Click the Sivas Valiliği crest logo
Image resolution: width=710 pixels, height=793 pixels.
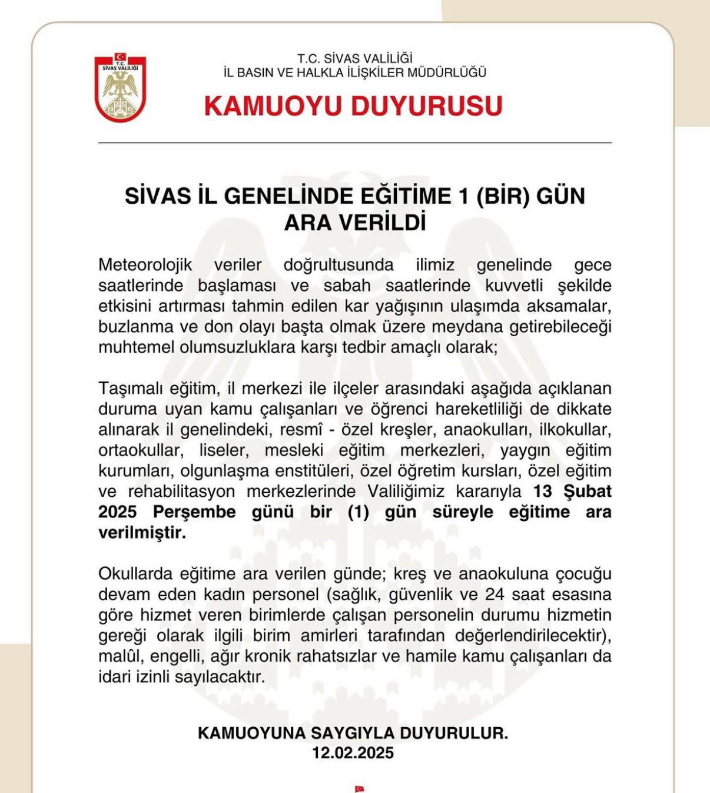(x=120, y=88)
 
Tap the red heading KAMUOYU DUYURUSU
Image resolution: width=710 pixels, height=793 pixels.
(x=353, y=107)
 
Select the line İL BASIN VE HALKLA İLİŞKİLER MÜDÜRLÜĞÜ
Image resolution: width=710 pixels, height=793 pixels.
(x=354, y=73)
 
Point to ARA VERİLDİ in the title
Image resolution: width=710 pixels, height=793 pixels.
(x=354, y=223)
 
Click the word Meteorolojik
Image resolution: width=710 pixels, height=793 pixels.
(x=145, y=265)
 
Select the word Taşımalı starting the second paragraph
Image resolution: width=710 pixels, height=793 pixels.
(x=130, y=389)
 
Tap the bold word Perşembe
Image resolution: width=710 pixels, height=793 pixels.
(x=194, y=512)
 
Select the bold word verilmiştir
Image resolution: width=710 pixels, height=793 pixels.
(x=142, y=533)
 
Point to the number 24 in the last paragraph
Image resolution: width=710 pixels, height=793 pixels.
(x=495, y=595)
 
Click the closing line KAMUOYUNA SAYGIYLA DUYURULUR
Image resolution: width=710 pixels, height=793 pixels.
(x=353, y=733)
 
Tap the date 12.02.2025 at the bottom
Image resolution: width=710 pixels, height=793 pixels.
(x=353, y=753)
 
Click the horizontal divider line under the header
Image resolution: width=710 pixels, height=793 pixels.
(x=354, y=143)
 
